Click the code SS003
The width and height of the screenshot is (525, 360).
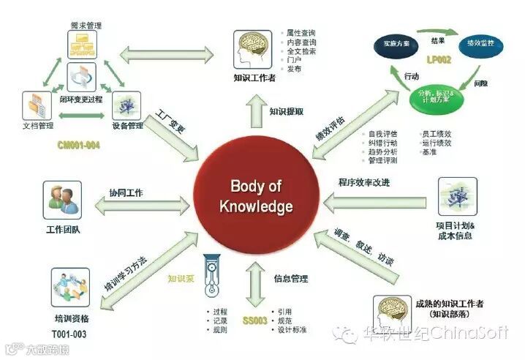click(257, 321)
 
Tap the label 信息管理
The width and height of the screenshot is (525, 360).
click(290, 279)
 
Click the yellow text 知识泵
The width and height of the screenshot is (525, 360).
click(181, 277)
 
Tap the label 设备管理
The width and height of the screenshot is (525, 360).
click(129, 126)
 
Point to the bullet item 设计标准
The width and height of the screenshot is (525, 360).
click(292, 330)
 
